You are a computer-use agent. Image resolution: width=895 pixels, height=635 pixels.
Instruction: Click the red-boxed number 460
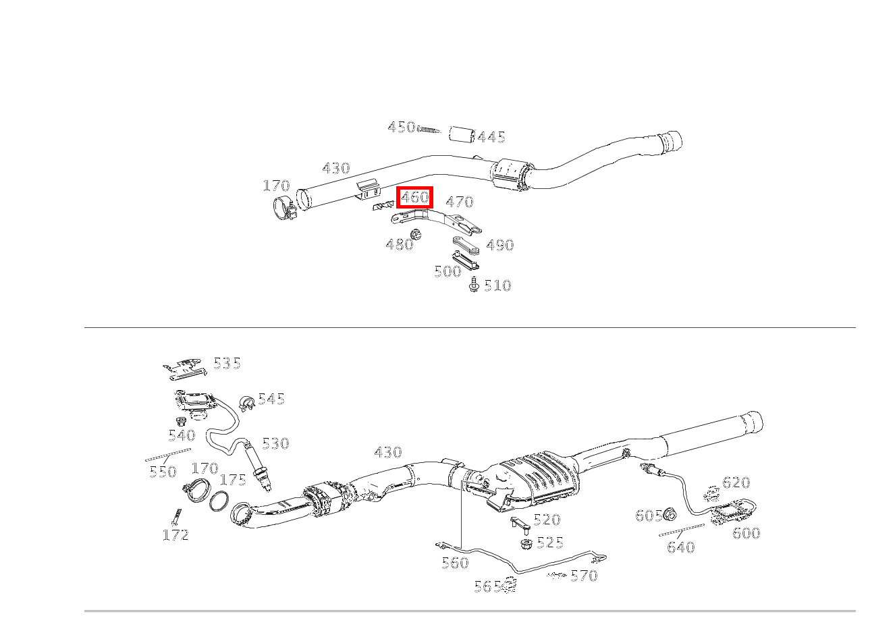(x=414, y=198)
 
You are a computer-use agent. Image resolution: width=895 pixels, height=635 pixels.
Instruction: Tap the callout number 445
(x=491, y=138)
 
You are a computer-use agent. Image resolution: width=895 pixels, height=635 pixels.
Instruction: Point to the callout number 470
(x=460, y=202)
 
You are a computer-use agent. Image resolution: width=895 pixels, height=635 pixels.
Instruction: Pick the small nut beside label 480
(x=416, y=234)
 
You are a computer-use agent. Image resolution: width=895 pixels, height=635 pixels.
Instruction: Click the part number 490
(x=500, y=246)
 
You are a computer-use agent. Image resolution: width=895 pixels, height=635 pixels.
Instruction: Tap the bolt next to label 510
(x=474, y=285)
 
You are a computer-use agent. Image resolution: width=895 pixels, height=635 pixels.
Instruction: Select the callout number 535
(x=227, y=364)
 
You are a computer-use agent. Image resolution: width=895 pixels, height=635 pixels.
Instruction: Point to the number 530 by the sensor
(x=275, y=444)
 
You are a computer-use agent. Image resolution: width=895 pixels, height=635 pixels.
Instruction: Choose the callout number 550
(x=163, y=472)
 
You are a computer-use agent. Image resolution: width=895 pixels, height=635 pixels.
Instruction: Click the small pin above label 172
(x=175, y=516)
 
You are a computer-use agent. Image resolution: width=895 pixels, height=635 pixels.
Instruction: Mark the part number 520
(x=547, y=520)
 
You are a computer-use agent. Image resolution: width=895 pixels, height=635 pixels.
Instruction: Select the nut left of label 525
(x=524, y=543)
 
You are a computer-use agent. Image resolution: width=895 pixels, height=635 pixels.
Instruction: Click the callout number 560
(x=455, y=563)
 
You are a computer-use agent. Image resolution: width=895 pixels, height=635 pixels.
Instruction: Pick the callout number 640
(x=681, y=547)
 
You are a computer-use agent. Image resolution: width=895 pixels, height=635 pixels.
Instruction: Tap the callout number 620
(x=736, y=482)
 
